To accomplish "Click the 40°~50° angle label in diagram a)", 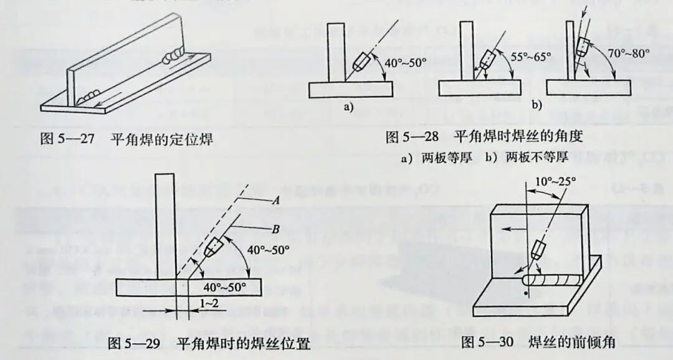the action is [x=404, y=63].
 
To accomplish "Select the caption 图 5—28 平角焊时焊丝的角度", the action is [x=484, y=136].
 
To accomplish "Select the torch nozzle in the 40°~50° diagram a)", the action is [x=361, y=62].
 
